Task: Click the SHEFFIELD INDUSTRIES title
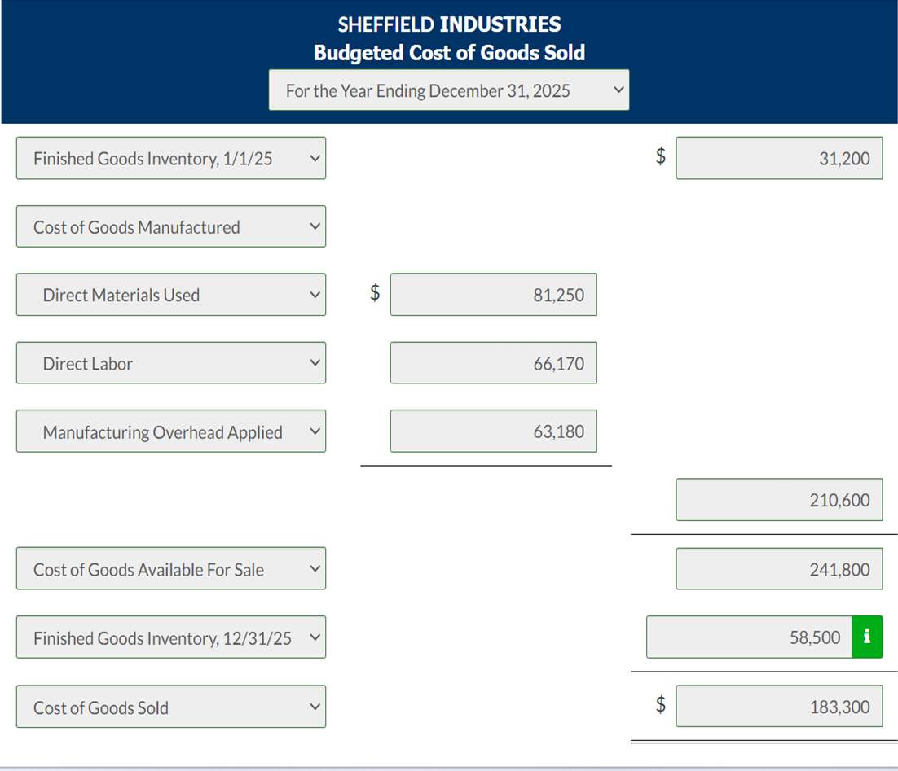pos(449,24)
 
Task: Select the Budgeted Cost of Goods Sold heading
pos(449,53)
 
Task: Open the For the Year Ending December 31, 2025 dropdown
pos(449,90)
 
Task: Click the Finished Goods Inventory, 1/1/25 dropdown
pos(170,158)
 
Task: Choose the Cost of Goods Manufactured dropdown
pos(170,226)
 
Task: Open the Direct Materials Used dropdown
pos(170,295)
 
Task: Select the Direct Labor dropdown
pos(170,363)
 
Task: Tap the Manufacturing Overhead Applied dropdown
pos(170,431)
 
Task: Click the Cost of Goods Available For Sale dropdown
pos(170,569)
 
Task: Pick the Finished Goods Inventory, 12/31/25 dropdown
pos(170,637)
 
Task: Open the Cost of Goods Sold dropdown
pos(170,707)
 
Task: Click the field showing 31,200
pos(778,158)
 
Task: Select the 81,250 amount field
pos(493,295)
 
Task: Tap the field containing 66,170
pos(493,363)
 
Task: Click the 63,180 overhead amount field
pos(493,431)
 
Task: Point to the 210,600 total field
pos(778,500)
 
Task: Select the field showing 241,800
pos(778,569)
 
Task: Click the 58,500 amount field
pos(749,637)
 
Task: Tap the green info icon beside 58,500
pos(866,637)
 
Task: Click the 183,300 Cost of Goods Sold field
pos(778,707)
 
